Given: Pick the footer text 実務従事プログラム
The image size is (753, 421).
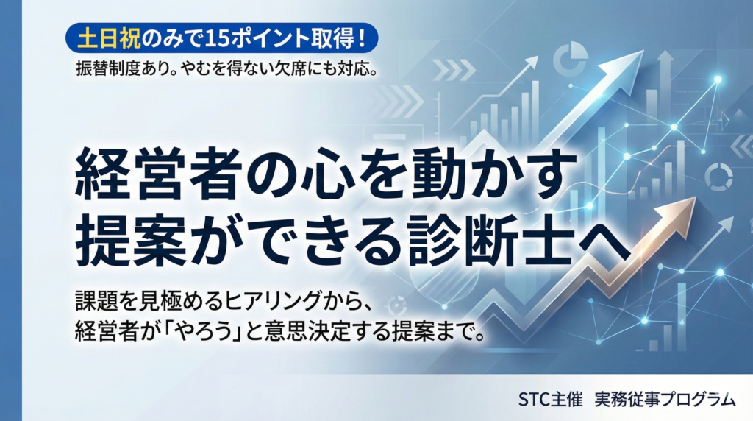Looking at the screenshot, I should click(665, 400).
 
